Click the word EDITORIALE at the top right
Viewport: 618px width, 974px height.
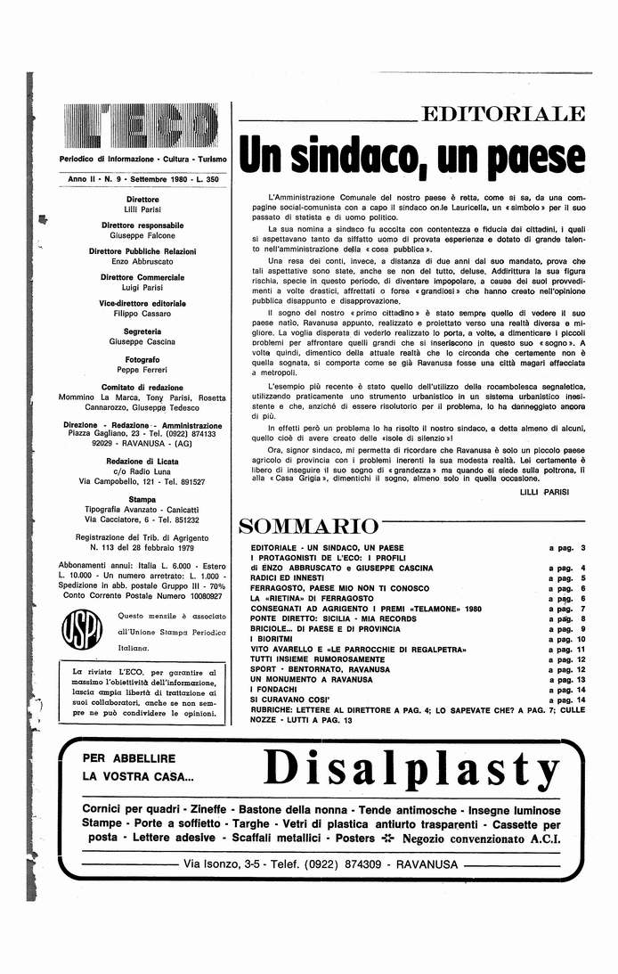pyautogui.click(x=503, y=114)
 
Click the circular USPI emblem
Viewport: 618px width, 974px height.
pyautogui.click(x=77, y=630)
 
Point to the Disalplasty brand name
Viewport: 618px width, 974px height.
pyautogui.click(x=412, y=765)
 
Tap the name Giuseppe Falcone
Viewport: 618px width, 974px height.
pyautogui.click(x=142, y=236)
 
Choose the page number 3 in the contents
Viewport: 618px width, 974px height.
pyautogui.click(x=581, y=548)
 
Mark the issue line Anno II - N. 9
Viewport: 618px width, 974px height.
pyautogui.click(x=98, y=180)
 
